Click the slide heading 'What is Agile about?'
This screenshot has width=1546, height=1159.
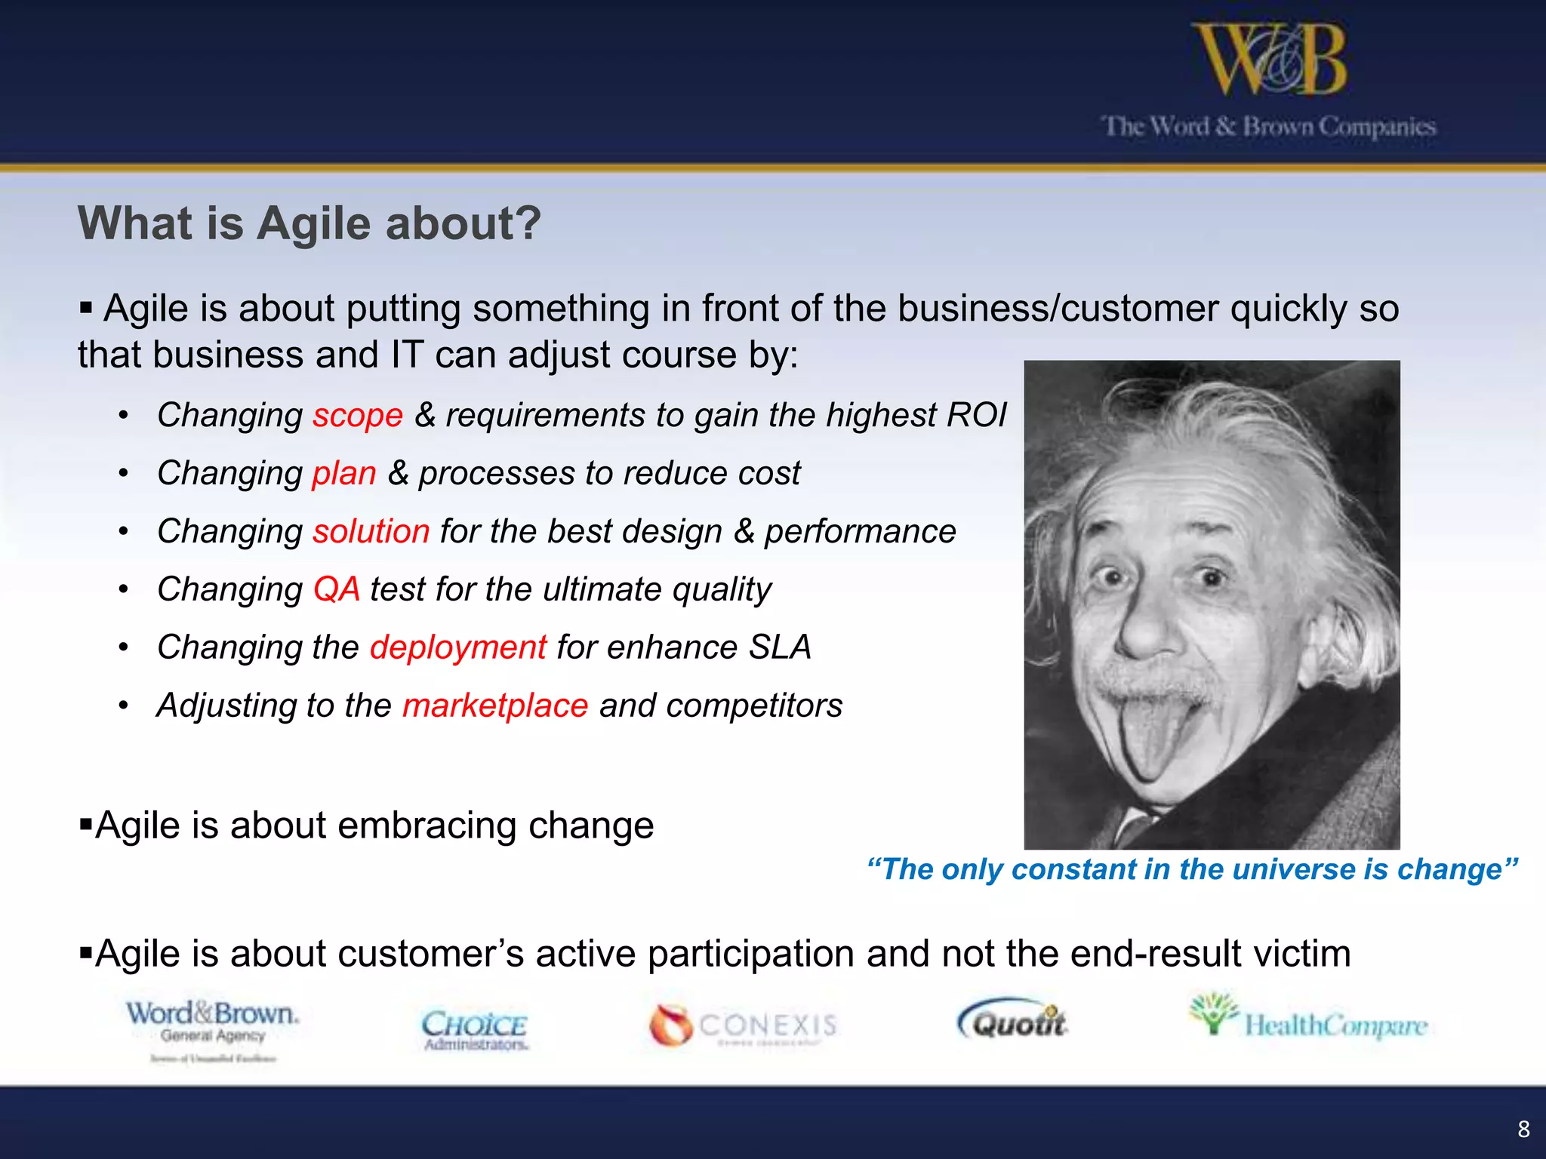(x=310, y=223)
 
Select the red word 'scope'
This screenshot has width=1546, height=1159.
(x=358, y=416)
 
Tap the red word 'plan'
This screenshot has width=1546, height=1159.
(x=344, y=474)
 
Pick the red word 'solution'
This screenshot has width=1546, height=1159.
(x=371, y=532)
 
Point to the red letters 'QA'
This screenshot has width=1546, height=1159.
(x=337, y=589)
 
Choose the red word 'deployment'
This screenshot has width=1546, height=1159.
(x=458, y=647)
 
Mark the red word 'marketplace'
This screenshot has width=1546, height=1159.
(x=495, y=706)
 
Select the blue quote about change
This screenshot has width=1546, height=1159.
(x=1192, y=869)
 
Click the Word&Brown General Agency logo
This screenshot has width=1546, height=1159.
(x=213, y=1026)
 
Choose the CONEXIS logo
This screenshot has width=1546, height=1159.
(x=744, y=1025)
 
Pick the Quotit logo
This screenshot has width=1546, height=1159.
(x=1013, y=1021)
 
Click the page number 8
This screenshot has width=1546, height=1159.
(x=1523, y=1129)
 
